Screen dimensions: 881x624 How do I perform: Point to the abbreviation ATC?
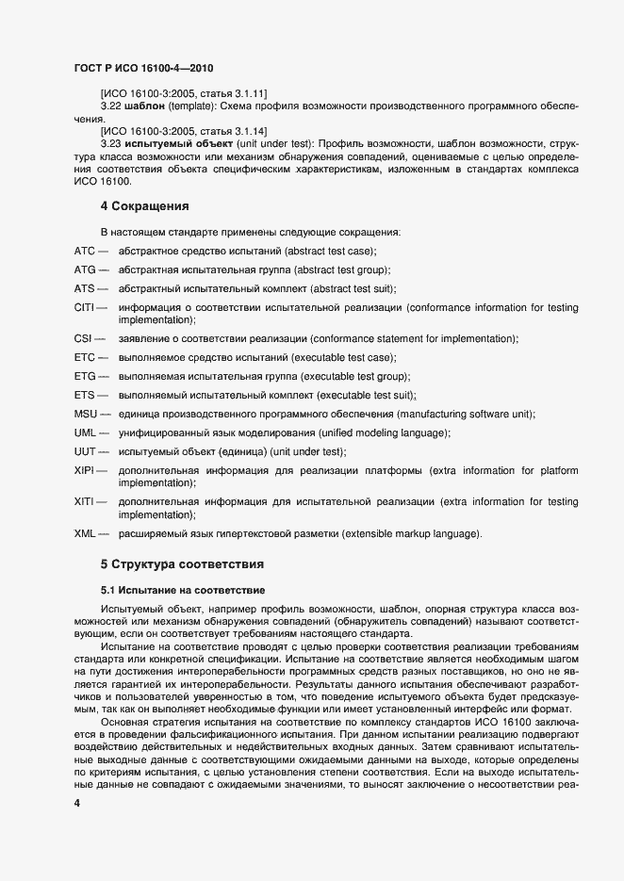(85, 251)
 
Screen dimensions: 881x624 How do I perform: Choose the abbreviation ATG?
(85, 269)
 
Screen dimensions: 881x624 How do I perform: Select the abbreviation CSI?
(83, 339)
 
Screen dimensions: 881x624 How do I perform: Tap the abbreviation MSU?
(86, 415)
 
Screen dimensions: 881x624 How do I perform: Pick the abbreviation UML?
(86, 432)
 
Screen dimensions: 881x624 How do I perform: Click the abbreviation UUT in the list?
(85, 451)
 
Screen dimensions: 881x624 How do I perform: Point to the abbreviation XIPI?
(85, 470)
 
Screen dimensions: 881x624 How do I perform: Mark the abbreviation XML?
(86, 534)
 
